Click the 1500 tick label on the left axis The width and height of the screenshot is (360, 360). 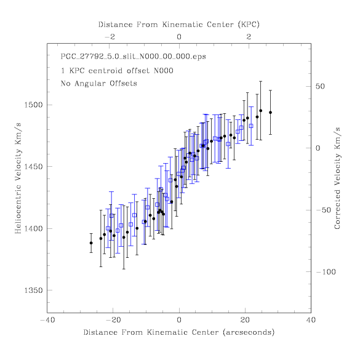coord(34,105)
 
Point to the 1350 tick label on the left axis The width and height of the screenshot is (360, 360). coord(34,290)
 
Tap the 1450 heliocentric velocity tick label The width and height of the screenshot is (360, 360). coord(34,167)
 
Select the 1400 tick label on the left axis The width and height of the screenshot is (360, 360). coord(34,229)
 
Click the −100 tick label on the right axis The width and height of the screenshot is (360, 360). coord(326,272)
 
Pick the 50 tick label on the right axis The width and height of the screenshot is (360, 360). coord(320,86)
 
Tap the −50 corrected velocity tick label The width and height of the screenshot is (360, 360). coord(324,210)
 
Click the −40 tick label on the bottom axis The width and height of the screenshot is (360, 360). coord(48,320)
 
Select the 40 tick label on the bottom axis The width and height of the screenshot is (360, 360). coord(311,320)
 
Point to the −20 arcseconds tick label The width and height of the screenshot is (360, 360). coord(113,320)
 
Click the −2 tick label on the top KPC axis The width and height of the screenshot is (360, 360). coord(110,37)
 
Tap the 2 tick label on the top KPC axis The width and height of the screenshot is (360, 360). coord(249,37)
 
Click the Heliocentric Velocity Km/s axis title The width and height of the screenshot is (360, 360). coord(18,178)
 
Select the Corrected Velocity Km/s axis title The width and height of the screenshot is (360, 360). coord(337,178)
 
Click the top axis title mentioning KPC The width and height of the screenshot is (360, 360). coord(179,25)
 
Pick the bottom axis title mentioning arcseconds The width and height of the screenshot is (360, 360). coord(179,332)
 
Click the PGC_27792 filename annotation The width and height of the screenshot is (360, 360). coord(134,57)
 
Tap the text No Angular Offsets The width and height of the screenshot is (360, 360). coord(99,83)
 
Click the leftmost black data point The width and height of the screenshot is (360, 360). coord(91,243)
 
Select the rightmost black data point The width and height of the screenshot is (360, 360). coord(270,113)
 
